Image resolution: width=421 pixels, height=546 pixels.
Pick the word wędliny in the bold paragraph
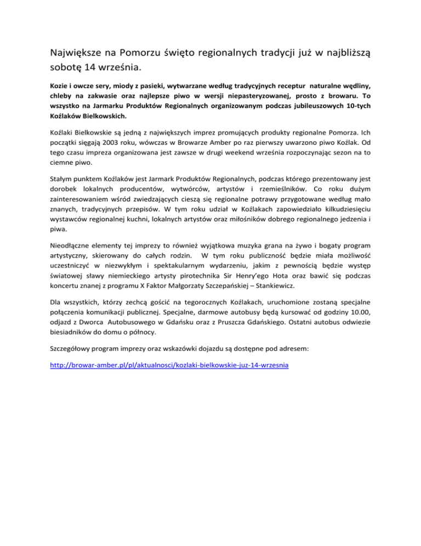357,86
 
